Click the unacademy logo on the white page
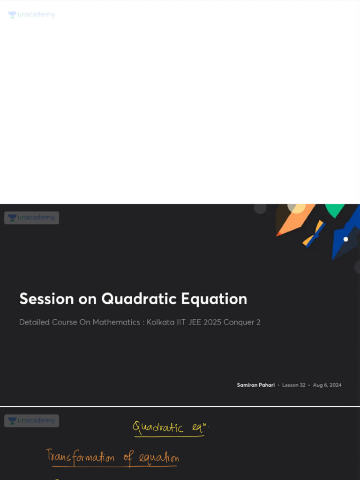(x=31, y=15)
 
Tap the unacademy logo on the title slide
(x=31, y=217)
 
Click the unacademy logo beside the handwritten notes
(x=31, y=420)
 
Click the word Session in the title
(x=46, y=299)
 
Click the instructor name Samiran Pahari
(x=255, y=385)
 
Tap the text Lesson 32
(x=293, y=385)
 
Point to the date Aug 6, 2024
(x=327, y=385)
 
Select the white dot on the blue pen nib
(x=345, y=239)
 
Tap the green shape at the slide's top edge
(x=335, y=210)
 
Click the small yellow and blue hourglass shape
(x=314, y=233)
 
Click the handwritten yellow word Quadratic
(x=157, y=427)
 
